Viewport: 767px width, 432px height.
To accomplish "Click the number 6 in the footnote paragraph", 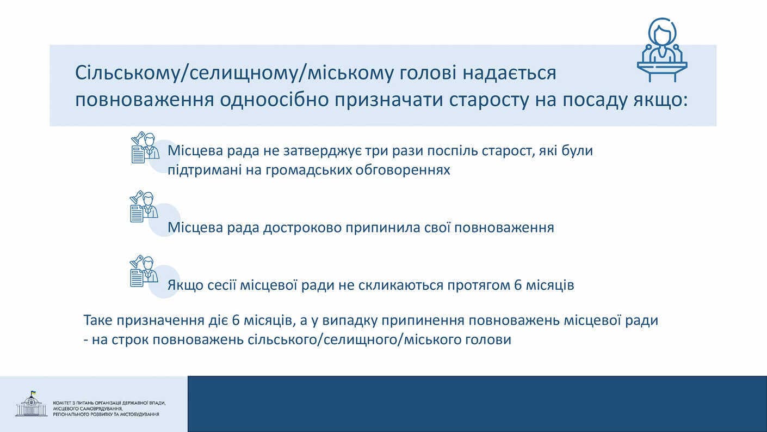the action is click(236, 320).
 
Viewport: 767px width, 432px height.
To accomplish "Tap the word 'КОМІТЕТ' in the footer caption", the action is click(61, 403).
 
